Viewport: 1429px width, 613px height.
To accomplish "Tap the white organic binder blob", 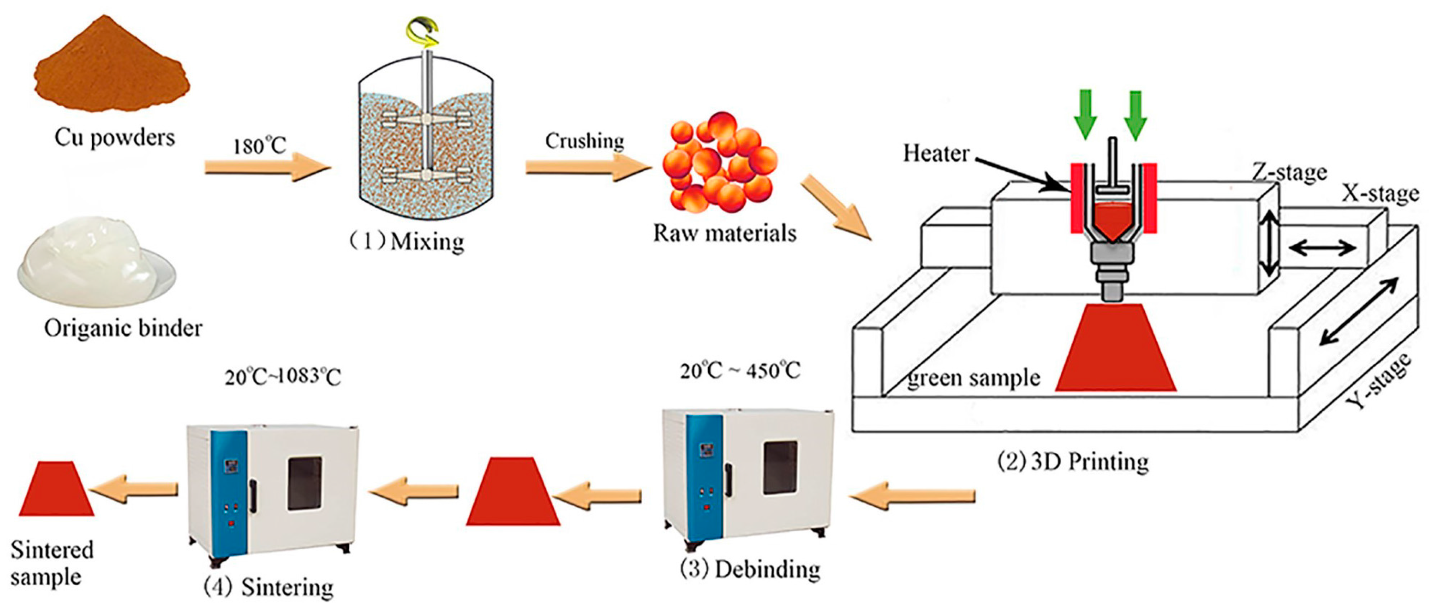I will click(89, 261).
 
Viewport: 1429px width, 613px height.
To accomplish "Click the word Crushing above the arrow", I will click(584, 141).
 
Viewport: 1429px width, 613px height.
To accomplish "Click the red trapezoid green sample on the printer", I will click(1115, 350).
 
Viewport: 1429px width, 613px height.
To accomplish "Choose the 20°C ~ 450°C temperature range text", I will click(740, 370).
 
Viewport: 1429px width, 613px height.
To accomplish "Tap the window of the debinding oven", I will click(780, 467).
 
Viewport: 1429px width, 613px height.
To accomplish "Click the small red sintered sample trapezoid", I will click(56, 491).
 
